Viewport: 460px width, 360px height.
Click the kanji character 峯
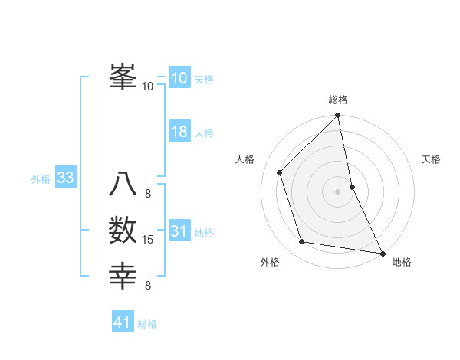[x=123, y=77]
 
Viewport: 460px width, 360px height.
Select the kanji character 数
[x=123, y=231]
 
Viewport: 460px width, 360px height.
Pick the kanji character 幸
[x=123, y=276]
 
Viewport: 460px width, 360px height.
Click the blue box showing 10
[x=179, y=78]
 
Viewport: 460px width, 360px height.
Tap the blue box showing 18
[x=179, y=132]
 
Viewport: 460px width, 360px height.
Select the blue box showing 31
[x=179, y=231]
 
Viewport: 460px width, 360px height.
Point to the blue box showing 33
[x=65, y=178]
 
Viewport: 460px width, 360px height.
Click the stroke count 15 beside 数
[x=148, y=241]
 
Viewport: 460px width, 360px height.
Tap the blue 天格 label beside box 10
[x=204, y=79]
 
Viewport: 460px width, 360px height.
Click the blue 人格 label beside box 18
[x=204, y=133]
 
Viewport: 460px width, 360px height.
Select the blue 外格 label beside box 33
[x=41, y=179]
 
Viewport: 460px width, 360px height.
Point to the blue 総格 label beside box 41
[x=147, y=324]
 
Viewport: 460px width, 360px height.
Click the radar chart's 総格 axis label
[x=338, y=100]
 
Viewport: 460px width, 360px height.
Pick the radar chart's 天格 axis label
[x=431, y=159]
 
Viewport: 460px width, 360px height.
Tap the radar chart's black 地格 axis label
[x=402, y=262]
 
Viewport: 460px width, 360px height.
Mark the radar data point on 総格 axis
[x=338, y=116]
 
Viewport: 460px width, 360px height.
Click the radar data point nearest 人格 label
[x=280, y=172]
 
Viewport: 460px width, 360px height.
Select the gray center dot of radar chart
[x=338, y=191]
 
